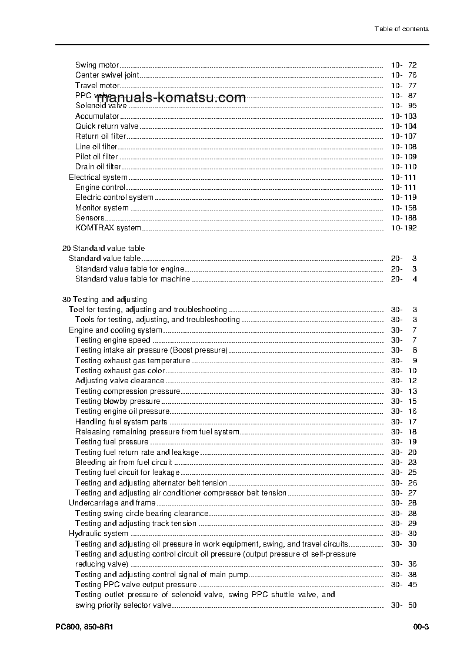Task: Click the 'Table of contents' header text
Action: click(401, 29)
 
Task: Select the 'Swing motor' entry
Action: click(97, 65)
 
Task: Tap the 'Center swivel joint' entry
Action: click(107, 75)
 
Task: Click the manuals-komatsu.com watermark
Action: click(171, 98)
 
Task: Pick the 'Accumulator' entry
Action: click(97, 116)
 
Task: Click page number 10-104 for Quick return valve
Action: click(403, 126)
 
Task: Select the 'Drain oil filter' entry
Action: click(98, 167)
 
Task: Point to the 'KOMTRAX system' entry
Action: click(108, 228)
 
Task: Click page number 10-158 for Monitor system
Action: click(403, 208)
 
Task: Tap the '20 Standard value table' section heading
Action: click(104, 249)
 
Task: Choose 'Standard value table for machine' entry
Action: click(132, 279)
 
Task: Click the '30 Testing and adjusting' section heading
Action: click(105, 300)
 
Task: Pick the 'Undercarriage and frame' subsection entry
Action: click(112, 503)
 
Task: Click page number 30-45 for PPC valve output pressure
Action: click(403, 585)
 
